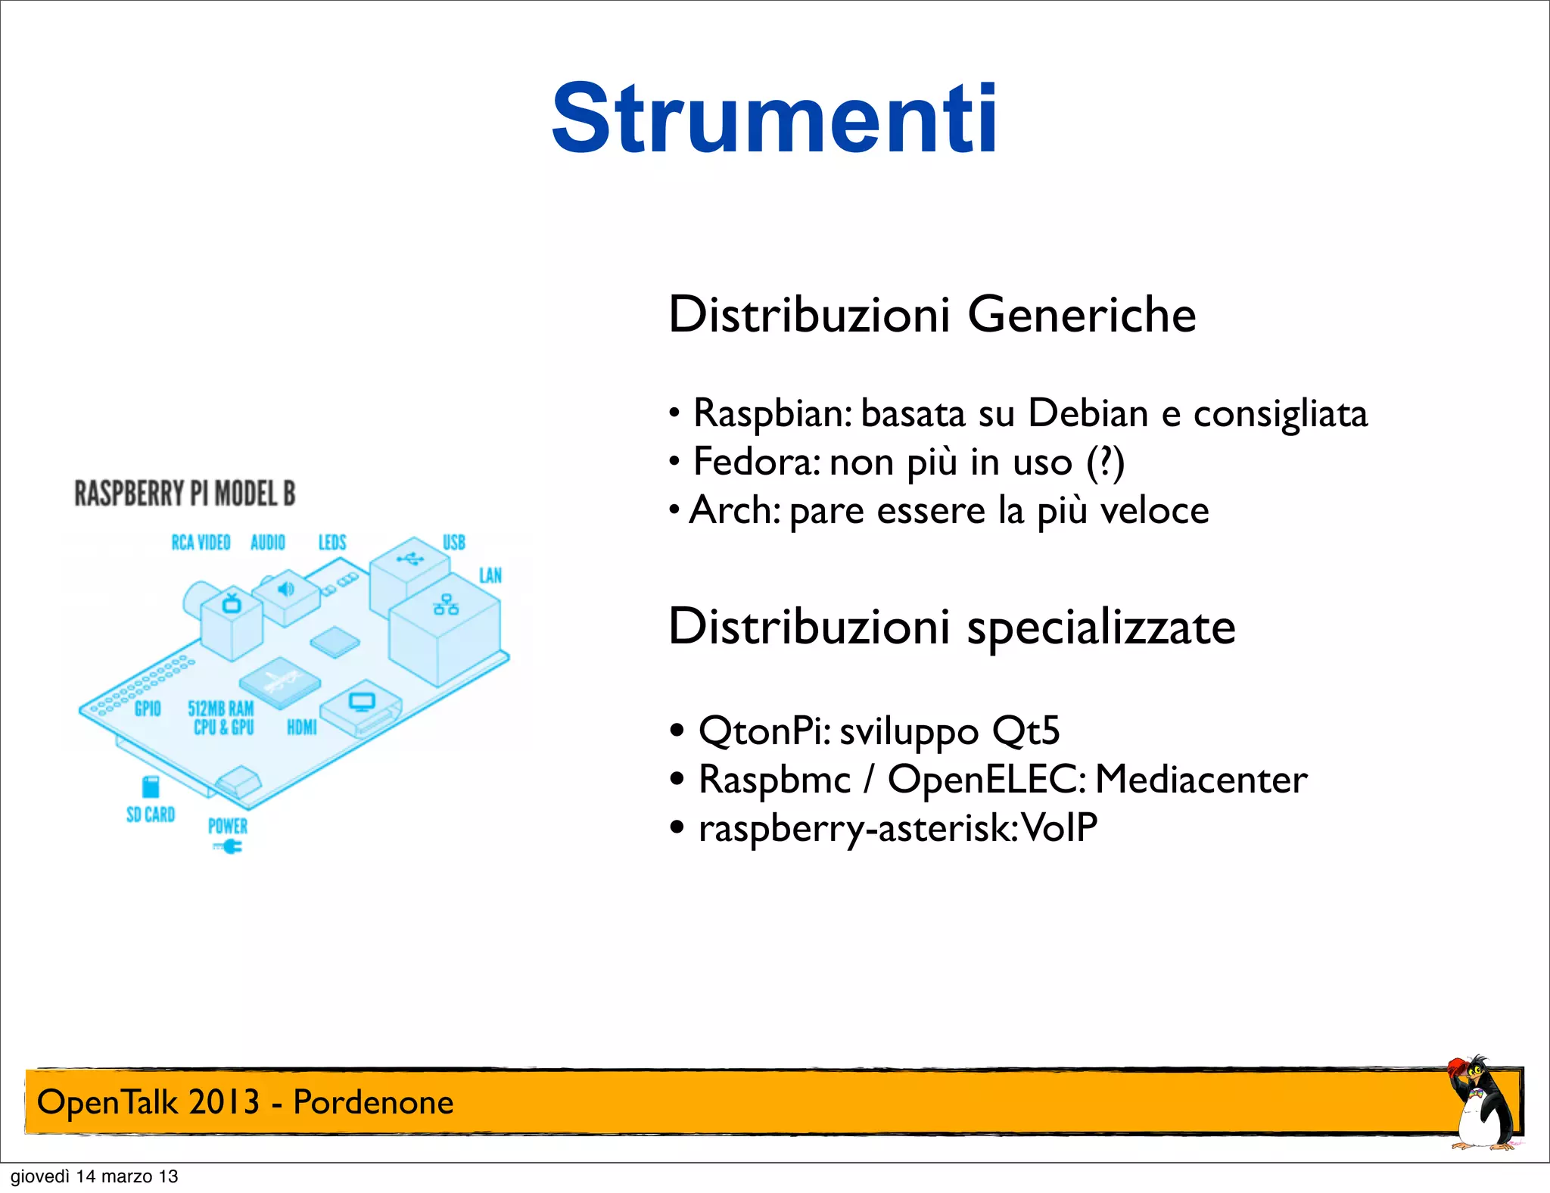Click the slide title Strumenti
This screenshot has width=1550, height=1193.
pos(774,120)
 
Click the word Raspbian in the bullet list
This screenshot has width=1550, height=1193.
pos(772,414)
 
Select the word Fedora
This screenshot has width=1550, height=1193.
pos(755,462)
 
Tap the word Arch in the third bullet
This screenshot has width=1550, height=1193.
pos(733,510)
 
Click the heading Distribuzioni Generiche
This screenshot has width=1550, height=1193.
pos(932,314)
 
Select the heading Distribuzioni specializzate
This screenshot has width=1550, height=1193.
pos(951,627)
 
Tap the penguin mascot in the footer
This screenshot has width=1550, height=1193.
pos(1481,1104)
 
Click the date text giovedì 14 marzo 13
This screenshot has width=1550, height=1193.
pos(94,1176)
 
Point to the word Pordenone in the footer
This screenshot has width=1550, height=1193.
pos(373,1102)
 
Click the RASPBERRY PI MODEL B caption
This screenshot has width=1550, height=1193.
pos(185,494)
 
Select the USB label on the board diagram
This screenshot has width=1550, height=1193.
pos(454,542)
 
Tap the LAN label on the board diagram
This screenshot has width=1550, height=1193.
pos(490,575)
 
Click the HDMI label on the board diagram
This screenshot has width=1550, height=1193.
pos(301,727)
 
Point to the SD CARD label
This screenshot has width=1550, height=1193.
pos(151,815)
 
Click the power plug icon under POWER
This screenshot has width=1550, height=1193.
pos(229,847)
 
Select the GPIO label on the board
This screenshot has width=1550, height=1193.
pos(148,709)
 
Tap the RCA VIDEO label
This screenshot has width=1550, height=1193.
pos(201,542)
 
